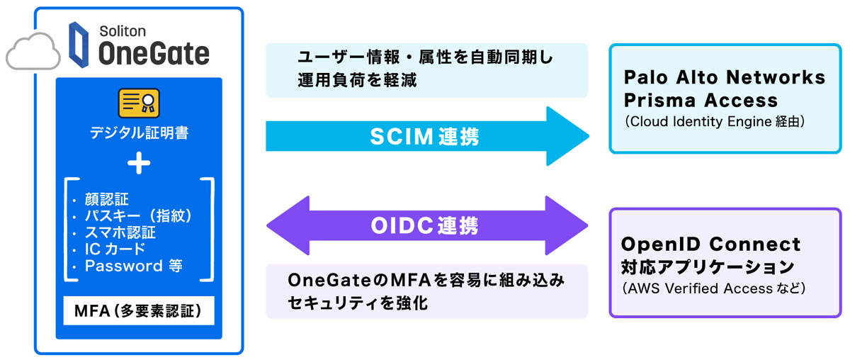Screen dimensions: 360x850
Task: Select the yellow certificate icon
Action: click(139, 104)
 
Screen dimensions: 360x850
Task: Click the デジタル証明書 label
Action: click(139, 133)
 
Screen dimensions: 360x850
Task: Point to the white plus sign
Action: click(139, 164)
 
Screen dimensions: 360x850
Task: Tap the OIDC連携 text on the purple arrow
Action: click(424, 225)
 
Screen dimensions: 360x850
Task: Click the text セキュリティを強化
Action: click(358, 302)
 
